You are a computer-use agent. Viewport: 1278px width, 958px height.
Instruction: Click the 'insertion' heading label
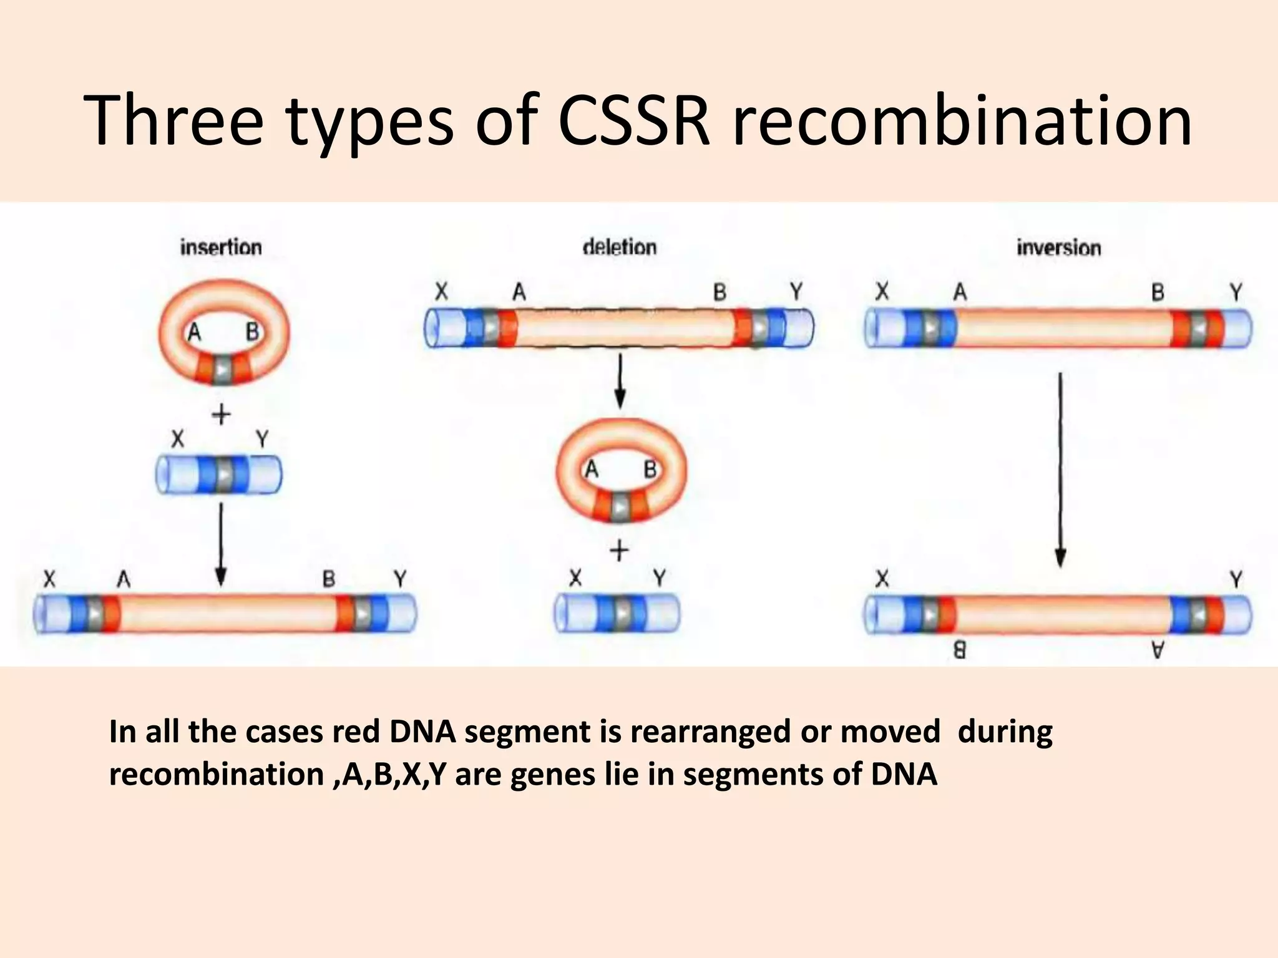click(221, 248)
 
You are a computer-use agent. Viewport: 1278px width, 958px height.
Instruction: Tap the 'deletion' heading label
click(620, 248)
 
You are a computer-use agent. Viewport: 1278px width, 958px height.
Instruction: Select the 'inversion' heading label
click(1059, 248)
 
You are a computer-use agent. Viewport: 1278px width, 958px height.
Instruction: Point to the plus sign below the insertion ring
click(222, 415)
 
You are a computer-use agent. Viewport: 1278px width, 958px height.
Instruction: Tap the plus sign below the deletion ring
click(619, 551)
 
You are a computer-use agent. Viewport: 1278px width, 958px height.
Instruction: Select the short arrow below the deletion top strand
click(620, 380)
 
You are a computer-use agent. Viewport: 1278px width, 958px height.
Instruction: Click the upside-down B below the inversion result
click(960, 651)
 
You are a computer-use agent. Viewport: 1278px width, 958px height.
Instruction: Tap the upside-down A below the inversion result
click(1158, 651)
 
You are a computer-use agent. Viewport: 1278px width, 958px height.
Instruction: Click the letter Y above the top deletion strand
click(796, 291)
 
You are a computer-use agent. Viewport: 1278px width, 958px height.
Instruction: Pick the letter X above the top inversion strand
click(882, 291)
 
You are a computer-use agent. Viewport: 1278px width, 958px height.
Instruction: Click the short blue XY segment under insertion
click(218, 475)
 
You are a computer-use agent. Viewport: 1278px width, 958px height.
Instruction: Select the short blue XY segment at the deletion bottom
click(617, 613)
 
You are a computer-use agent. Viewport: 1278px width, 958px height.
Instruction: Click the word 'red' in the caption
click(355, 732)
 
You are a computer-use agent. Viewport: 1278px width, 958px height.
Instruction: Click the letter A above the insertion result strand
click(124, 580)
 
